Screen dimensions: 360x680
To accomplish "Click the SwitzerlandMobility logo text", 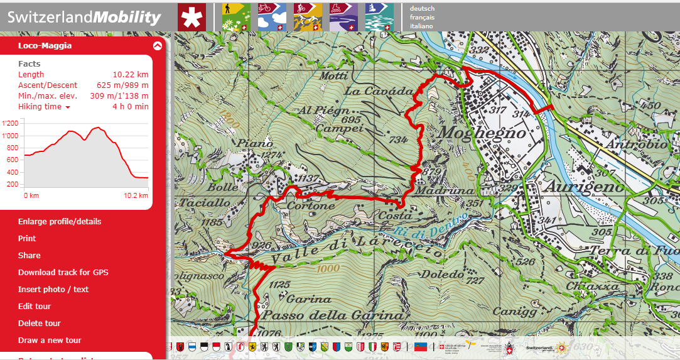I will pyautogui.click(x=84, y=17).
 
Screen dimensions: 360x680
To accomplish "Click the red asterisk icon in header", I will pyautogui.click(x=192, y=17).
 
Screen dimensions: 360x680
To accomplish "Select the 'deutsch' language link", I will pyautogui.click(x=422, y=9).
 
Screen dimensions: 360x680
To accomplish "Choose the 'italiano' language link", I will pyautogui.click(x=422, y=27).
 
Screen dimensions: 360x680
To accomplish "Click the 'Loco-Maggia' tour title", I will pyautogui.click(x=45, y=45).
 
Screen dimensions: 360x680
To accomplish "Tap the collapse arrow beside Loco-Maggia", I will pyautogui.click(x=157, y=45).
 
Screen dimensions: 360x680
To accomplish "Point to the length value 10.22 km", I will pyautogui.click(x=131, y=75).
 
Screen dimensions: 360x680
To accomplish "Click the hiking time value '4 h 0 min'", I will pyautogui.click(x=131, y=107).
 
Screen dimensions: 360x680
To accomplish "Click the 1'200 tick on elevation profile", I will pyautogui.click(x=11, y=124).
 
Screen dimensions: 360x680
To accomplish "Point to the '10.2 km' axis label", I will pyautogui.click(x=136, y=195).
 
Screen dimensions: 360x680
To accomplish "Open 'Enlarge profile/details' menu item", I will pyautogui.click(x=60, y=222).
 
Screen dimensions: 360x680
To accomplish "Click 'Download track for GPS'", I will pyautogui.click(x=63, y=273).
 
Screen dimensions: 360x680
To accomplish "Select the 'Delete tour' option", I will pyautogui.click(x=39, y=324).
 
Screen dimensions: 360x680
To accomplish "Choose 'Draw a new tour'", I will pyautogui.click(x=50, y=341).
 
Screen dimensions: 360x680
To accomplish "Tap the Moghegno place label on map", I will pyautogui.click(x=482, y=133).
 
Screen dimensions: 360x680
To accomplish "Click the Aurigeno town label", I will pyautogui.click(x=584, y=187).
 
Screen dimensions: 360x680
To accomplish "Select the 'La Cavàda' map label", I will pyautogui.click(x=379, y=92).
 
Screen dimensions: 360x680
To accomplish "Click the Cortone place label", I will pyautogui.click(x=310, y=206).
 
